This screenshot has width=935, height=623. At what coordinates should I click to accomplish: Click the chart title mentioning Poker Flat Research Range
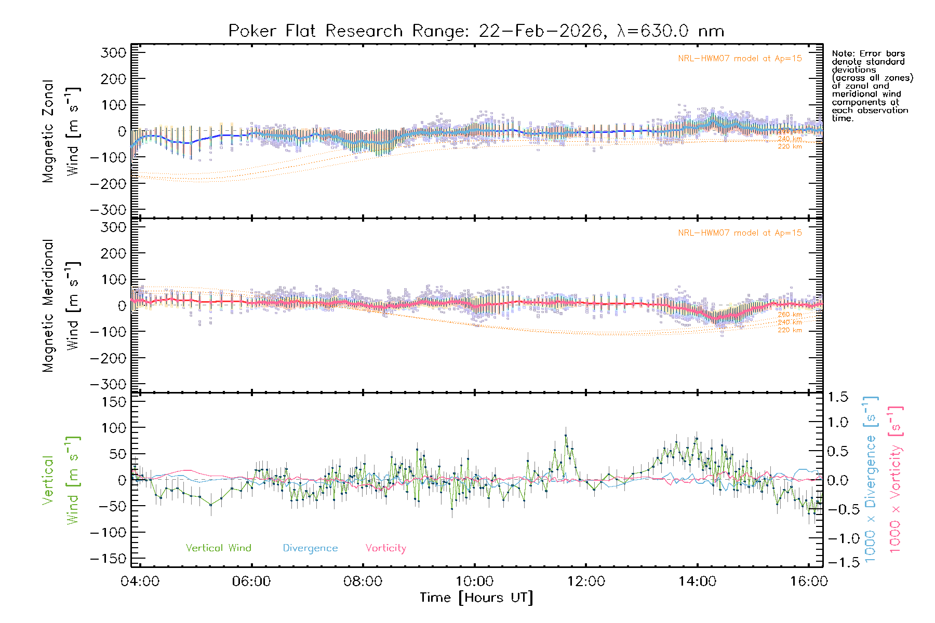(x=476, y=31)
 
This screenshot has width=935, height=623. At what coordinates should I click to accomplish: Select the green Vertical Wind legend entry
(x=218, y=548)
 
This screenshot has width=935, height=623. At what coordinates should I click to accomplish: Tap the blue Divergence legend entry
(x=310, y=548)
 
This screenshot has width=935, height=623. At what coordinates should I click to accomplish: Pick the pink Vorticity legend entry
(x=385, y=548)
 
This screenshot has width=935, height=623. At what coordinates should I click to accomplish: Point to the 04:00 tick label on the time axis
(x=140, y=581)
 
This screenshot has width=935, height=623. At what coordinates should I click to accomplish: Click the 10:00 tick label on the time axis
(x=474, y=581)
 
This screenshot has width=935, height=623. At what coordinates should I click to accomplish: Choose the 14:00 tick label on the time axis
(x=697, y=581)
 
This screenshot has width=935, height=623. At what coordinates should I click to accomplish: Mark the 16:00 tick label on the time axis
(x=809, y=581)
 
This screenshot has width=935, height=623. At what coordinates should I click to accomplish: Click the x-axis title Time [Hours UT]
(x=476, y=598)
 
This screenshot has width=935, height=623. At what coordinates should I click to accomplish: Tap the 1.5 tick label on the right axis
(x=837, y=397)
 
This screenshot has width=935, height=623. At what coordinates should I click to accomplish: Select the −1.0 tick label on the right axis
(x=837, y=538)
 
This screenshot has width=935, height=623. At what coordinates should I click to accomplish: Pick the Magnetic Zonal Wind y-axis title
(x=61, y=131)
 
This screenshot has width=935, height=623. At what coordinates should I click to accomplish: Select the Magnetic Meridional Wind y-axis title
(x=61, y=306)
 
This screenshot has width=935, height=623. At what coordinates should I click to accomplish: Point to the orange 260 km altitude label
(x=790, y=315)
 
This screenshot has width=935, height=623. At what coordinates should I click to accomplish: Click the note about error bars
(x=872, y=86)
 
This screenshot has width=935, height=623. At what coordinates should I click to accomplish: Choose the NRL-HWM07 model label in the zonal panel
(x=740, y=59)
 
